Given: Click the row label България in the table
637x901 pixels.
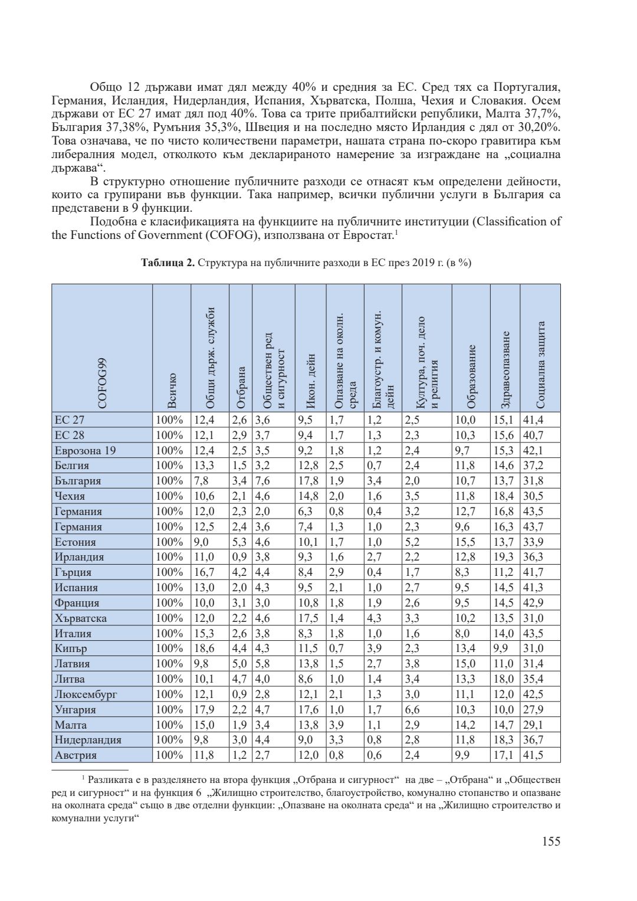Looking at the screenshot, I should click(x=77, y=481).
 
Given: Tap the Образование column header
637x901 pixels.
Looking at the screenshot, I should click(x=471, y=376).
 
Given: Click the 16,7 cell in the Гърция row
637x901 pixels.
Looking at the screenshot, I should click(x=203, y=572).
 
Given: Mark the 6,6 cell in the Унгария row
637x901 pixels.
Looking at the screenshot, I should click(x=412, y=709).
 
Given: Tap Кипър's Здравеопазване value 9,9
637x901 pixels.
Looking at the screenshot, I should click(x=500, y=648).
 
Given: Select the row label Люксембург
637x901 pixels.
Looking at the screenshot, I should click(x=86, y=694).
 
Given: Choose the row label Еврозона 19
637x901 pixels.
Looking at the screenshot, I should click(x=85, y=451).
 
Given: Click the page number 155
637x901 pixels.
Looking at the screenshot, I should click(x=550, y=841).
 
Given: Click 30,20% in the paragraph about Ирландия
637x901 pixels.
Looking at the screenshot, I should click(x=537, y=128).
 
